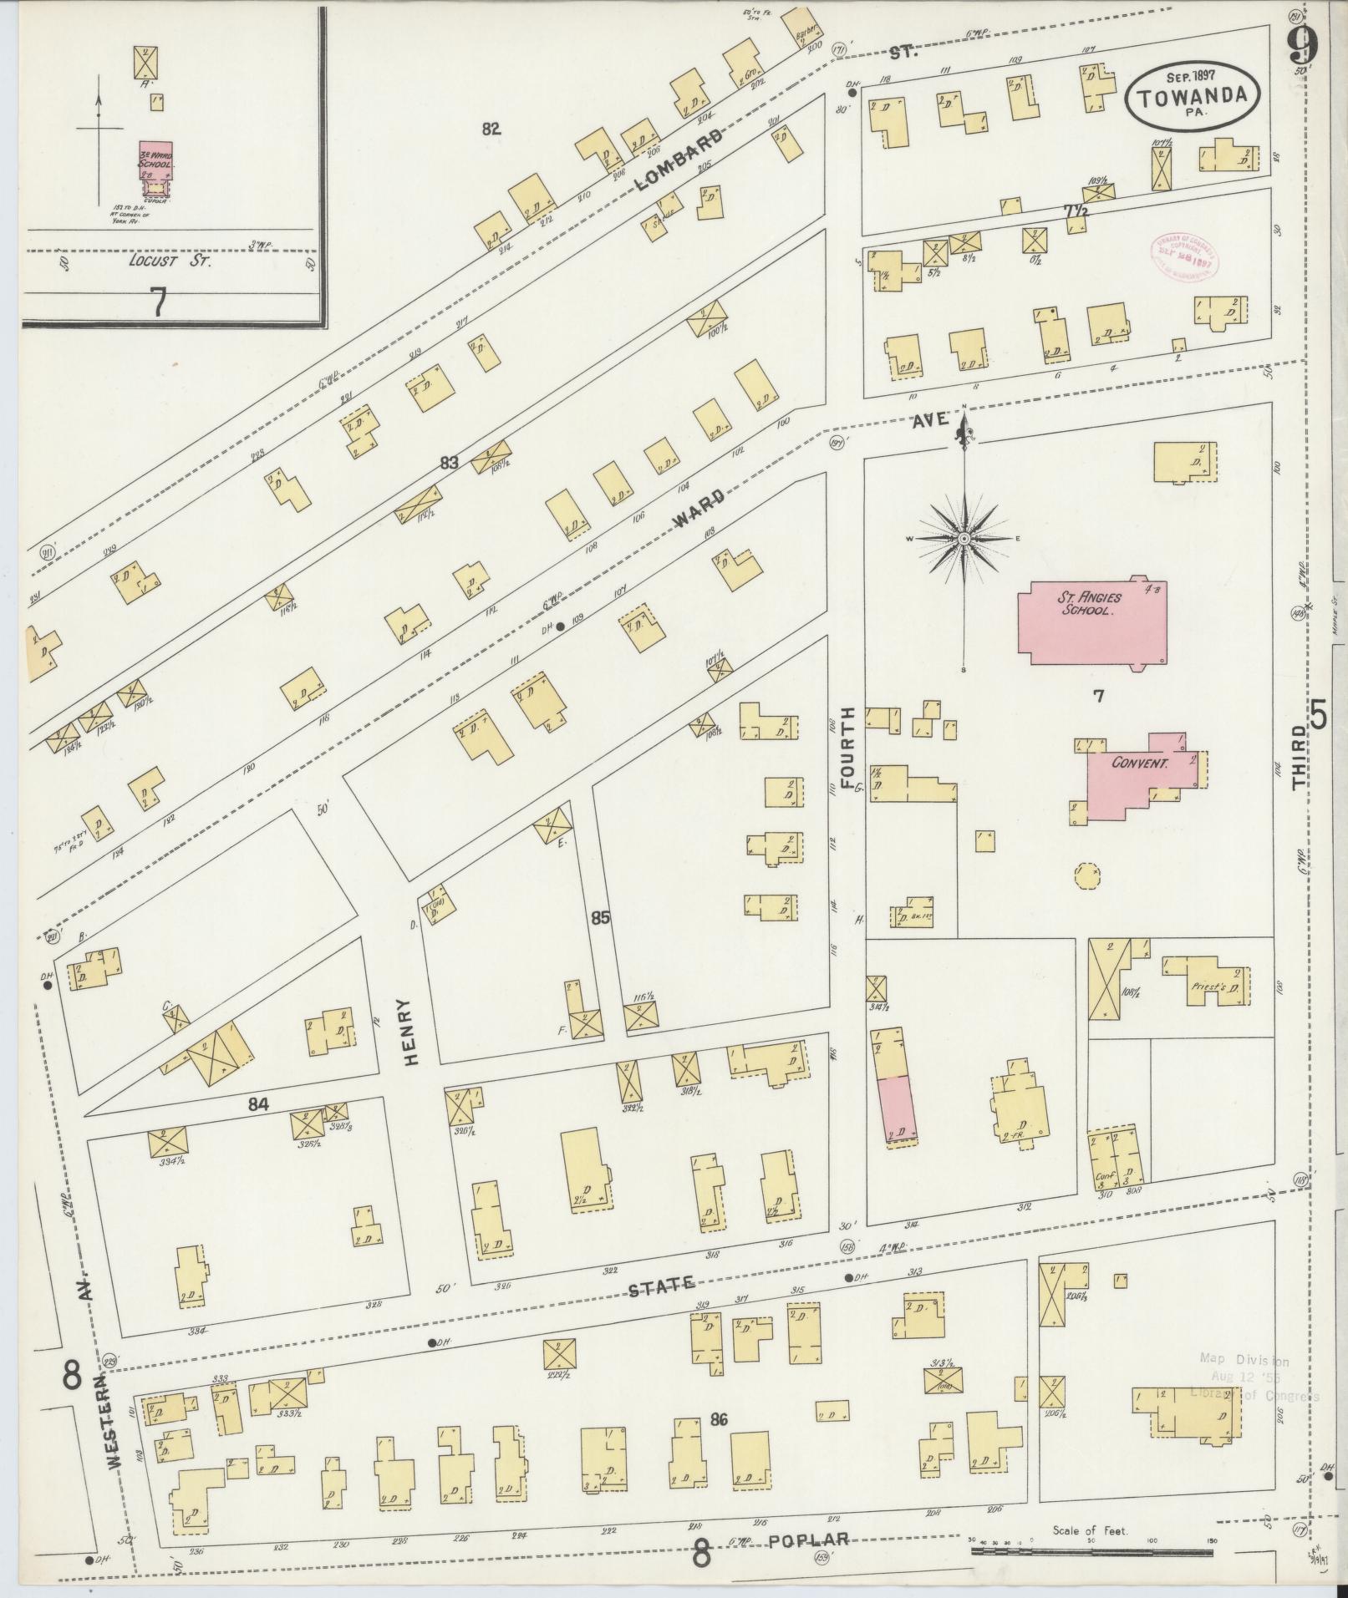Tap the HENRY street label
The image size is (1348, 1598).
click(409, 1032)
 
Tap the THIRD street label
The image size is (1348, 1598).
click(1299, 758)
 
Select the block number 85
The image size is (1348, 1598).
click(599, 918)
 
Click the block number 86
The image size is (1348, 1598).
click(719, 1418)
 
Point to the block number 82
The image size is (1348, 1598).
click(491, 129)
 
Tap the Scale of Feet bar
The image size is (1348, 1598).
click(1091, 1551)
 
